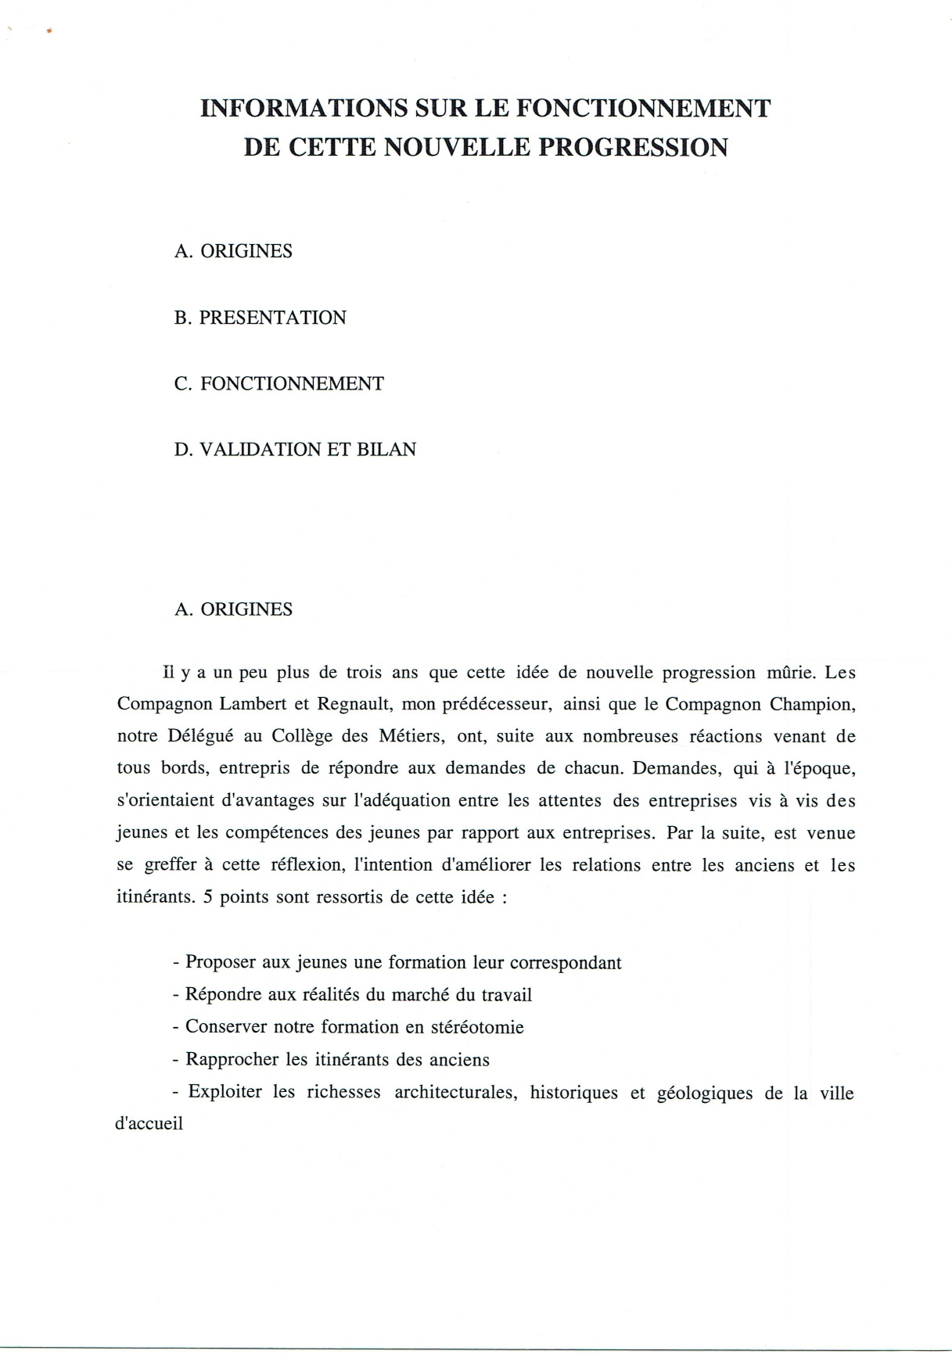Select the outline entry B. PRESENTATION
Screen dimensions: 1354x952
(260, 318)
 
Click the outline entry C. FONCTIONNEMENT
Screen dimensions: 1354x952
(278, 383)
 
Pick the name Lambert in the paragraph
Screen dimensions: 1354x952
(252, 703)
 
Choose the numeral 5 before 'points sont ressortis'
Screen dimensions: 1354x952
(207, 897)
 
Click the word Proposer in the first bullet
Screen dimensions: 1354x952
(221, 963)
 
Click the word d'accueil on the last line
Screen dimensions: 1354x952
(149, 1124)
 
